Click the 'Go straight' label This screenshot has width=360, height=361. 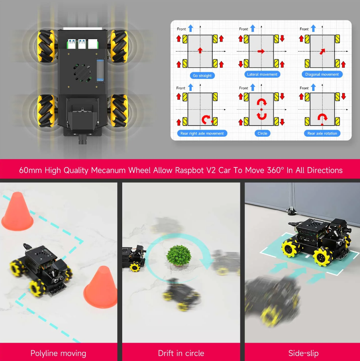(x=202, y=76)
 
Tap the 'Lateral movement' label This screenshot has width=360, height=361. (x=262, y=74)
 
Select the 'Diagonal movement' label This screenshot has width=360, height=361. (x=322, y=74)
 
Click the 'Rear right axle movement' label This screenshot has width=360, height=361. (x=202, y=133)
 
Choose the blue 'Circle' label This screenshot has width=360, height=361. (x=262, y=133)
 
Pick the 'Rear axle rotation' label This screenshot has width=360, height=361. (x=322, y=133)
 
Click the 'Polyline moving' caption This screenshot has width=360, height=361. (x=58, y=354)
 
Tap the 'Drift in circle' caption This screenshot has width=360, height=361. (x=181, y=354)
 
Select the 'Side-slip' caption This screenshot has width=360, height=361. (x=303, y=354)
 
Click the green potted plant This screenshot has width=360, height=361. (x=179, y=255)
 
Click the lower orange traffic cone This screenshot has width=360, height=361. (x=101, y=287)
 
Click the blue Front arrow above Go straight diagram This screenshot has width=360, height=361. (x=191, y=28)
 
